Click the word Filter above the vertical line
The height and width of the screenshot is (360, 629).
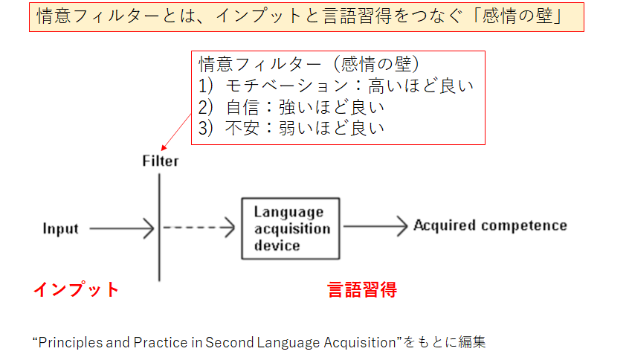click(x=161, y=161)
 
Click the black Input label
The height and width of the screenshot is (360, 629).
click(x=60, y=228)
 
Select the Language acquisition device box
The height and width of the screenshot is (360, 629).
click(x=291, y=228)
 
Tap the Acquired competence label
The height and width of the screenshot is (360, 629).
click(x=490, y=225)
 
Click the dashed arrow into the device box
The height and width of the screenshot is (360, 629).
click(x=199, y=228)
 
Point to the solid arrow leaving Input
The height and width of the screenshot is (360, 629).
click(x=121, y=228)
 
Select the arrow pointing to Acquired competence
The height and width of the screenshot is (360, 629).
click(x=375, y=226)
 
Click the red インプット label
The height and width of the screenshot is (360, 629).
click(x=76, y=289)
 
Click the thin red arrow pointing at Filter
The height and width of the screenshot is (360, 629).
click(x=175, y=132)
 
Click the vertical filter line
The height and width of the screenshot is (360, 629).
click(x=159, y=227)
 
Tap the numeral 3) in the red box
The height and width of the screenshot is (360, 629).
click(x=205, y=129)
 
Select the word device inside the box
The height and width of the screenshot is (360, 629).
click(x=277, y=245)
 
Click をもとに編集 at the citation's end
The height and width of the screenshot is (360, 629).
click(x=445, y=342)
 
